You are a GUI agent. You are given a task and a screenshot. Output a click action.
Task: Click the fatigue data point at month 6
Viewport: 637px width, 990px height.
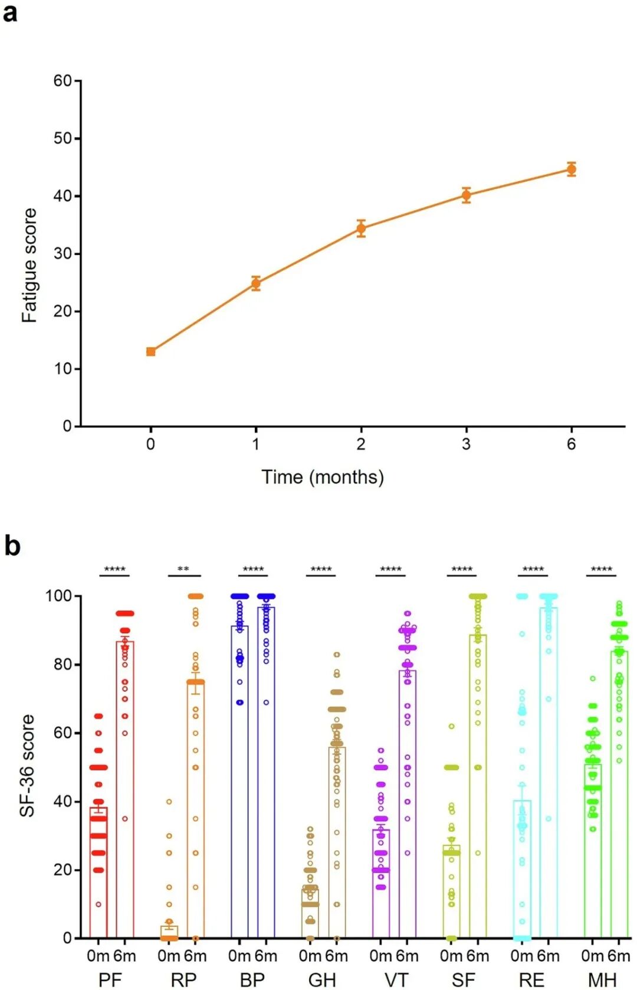(571, 169)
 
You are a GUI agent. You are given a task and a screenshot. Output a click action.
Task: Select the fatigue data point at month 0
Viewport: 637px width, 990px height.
(151, 352)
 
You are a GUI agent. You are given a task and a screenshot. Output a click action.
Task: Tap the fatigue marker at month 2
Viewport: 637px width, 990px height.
(361, 228)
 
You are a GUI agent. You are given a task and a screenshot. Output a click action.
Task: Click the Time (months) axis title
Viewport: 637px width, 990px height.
(323, 477)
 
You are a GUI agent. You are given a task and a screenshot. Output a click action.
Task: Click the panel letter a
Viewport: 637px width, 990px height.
(10, 12)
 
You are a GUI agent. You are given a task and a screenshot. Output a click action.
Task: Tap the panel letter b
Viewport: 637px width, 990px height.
(12, 545)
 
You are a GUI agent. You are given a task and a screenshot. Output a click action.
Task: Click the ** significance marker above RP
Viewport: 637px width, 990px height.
(183, 570)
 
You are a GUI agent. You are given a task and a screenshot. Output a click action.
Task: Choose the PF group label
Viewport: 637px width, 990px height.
(110, 979)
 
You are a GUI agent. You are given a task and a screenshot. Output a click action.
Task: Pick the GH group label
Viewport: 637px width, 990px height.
(322, 979)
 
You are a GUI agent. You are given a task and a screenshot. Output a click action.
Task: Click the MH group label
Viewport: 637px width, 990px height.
(602, 979)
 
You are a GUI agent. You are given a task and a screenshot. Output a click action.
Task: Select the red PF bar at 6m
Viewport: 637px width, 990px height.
(125, 791)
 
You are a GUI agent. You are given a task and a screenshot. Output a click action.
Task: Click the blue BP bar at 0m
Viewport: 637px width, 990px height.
(239, 785)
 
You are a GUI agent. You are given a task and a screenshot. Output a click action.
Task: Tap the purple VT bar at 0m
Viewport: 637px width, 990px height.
(381, 886)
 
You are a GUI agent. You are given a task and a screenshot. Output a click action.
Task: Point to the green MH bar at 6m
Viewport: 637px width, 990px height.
(619, 797)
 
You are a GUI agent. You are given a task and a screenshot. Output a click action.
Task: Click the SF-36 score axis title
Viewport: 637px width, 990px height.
(27, 766)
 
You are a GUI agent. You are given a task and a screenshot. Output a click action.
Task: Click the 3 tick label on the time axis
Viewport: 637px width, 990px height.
(466, 444)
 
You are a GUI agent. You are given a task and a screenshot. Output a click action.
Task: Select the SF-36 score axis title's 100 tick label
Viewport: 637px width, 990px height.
(58, 596)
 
